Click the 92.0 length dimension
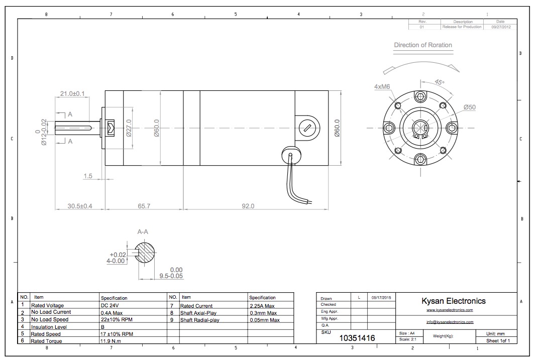click(248, 206)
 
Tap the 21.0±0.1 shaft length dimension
click(72, 93)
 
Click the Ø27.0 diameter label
click(129, 128)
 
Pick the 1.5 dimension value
click(88, 176)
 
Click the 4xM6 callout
click(382, 86)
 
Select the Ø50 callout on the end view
click(470, 107)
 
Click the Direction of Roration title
click(422, 45)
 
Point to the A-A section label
click(143, 232)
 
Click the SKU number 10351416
click(357, 338)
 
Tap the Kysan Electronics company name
click(453, 301)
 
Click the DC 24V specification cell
click(111, 305)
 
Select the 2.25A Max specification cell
click(263, 305)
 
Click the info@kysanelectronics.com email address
click(450, 322)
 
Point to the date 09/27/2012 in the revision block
click(500, 27)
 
